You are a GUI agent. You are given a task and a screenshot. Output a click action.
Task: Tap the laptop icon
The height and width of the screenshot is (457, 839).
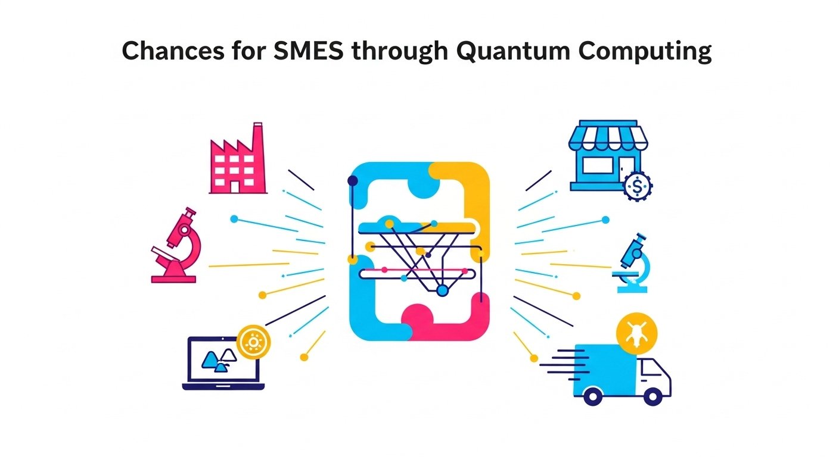(222, 363)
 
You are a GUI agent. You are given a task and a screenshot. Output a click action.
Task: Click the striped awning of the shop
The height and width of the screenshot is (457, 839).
(603, 137)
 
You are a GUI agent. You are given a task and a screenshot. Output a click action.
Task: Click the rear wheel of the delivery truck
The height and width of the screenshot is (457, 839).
(592, 396)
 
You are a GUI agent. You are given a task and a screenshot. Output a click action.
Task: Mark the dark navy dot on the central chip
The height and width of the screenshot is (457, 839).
(353, 180)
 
